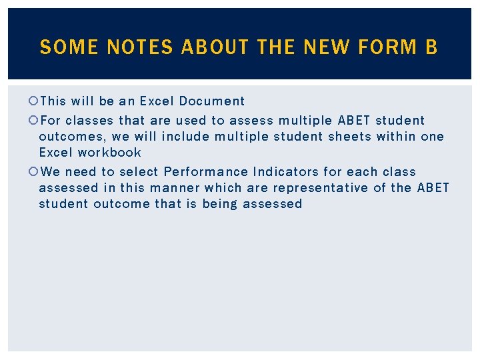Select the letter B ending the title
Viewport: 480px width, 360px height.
[x=431, y=47]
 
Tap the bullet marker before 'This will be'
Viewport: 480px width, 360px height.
[x=33, y=101]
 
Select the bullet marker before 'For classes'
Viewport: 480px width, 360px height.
[x=33, y=121]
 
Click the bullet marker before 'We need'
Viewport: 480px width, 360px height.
[x=33, y=172]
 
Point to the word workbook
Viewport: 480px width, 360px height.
[x=109, y=153]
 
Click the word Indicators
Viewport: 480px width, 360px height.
[x=285, y=172]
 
